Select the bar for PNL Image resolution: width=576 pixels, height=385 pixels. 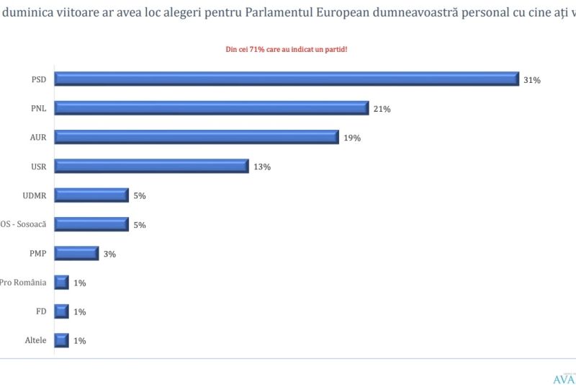pos(212,108)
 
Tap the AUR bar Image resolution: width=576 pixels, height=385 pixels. pos(197,137)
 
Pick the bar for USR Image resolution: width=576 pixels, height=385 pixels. pos(151,167)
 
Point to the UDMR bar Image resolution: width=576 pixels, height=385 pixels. pos(91,195)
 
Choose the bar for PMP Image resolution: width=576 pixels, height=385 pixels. pos(76,253)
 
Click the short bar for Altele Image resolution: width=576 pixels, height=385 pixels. pos(62,340)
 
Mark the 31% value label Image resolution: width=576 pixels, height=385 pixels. pos(532,80)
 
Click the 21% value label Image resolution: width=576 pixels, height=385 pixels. pos(382,109)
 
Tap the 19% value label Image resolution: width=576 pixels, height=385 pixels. pos(352,138)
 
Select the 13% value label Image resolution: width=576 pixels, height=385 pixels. pos(261,167)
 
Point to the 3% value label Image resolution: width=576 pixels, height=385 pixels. pos(109,254)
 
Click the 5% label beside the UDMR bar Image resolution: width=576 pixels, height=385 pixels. pos(139,196)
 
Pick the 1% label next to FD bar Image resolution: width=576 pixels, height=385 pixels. pos(79,311)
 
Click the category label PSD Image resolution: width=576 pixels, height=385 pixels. pos(39,79)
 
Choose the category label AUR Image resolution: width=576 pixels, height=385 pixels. pos(38,137)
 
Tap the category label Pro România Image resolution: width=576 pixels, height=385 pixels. pos(23,282)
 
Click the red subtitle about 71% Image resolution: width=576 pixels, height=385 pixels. pos(287,49)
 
